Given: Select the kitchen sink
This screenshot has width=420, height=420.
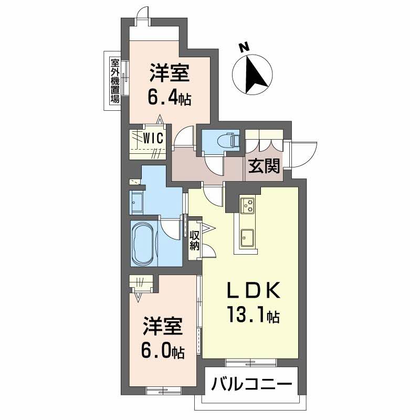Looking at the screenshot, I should (247, 238).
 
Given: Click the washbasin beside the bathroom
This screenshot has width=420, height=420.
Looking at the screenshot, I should (138, 201).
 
